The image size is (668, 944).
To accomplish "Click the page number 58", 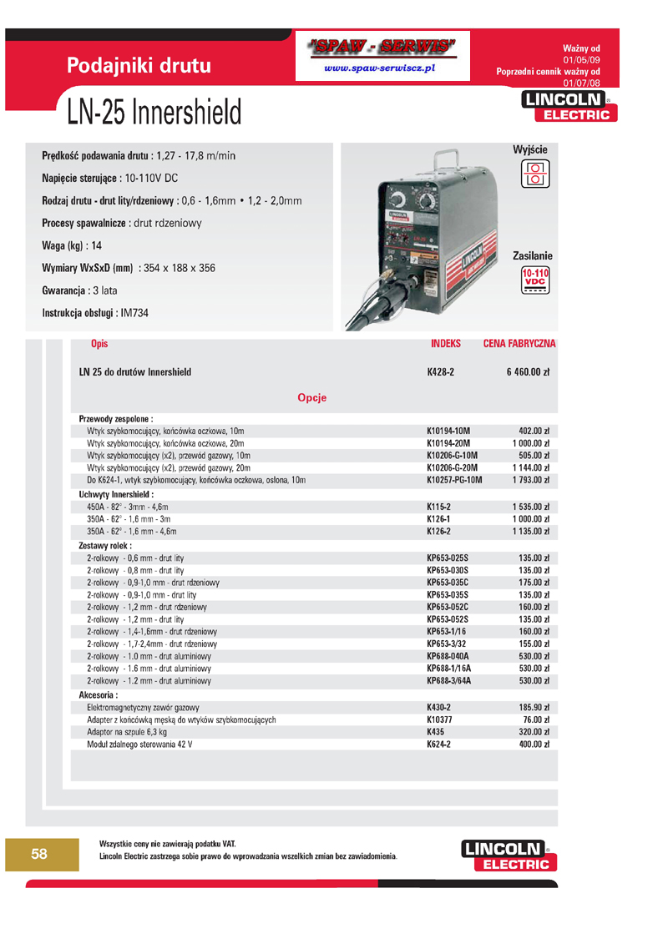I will point(39,853).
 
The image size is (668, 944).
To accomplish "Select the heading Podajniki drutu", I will point(139,65).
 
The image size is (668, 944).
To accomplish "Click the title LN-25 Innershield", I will point(149,111).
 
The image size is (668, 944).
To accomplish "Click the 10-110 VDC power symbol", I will point(534,282).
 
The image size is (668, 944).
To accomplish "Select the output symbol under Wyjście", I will point(534,173).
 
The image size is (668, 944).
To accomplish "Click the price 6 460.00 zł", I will point(528,372).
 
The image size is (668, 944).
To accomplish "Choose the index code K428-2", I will point(440,372).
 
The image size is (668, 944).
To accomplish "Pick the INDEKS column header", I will point(446,344).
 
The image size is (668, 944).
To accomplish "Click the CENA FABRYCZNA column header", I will point(519,344).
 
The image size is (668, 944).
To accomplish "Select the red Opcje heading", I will point(311,397).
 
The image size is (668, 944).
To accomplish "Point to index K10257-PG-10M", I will point(454,481).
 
